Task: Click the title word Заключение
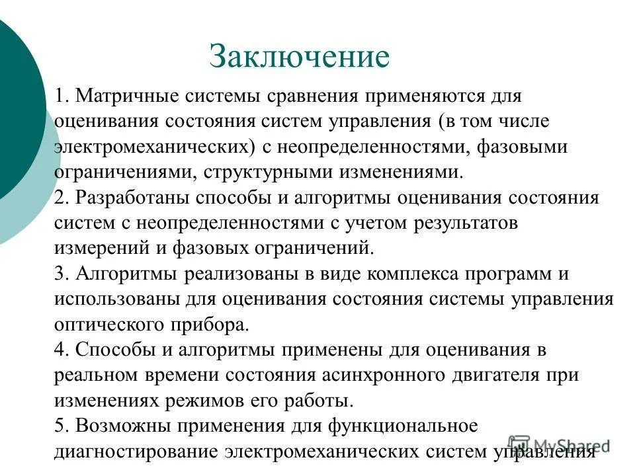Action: point(299,56)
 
